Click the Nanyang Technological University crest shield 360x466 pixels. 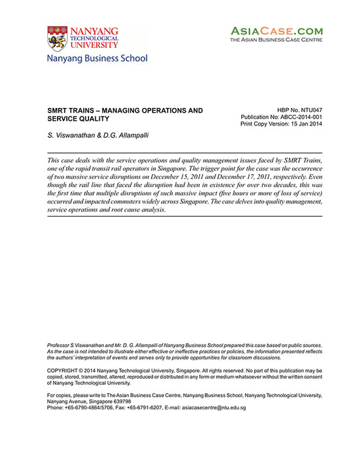(x=57, y=38)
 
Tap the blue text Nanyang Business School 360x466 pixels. (x=97, y=59)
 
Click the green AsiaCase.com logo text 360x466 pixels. (x=277, y=30)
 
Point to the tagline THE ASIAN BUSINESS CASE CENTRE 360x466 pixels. (x=276, y=41)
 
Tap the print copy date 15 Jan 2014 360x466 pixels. (x=304, y=125)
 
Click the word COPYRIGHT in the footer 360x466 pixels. (x=65, y=371)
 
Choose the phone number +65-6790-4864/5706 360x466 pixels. (x=88, y=407)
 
